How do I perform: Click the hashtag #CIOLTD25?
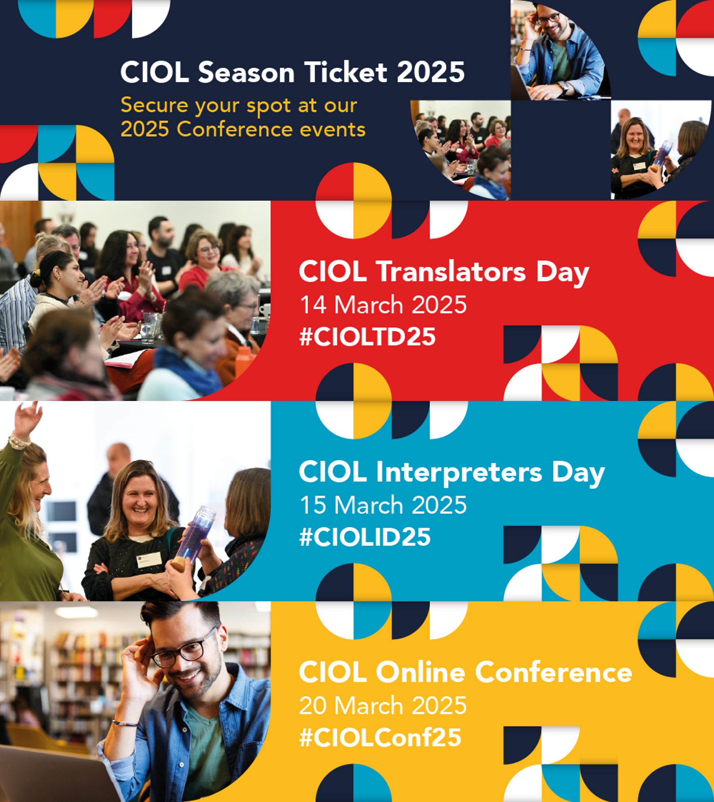(367, 337)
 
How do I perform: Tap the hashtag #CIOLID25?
(365, 537)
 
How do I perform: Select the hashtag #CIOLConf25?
(380, 737)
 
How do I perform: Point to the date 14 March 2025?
(383, 305)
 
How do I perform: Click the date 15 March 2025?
(383, 505)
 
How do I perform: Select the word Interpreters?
(459, 472)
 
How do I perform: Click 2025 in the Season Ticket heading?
(431, 72)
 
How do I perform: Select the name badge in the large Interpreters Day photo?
(149, 559)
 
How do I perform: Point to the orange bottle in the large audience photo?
(244, 361)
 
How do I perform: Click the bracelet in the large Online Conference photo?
(125, 721)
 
